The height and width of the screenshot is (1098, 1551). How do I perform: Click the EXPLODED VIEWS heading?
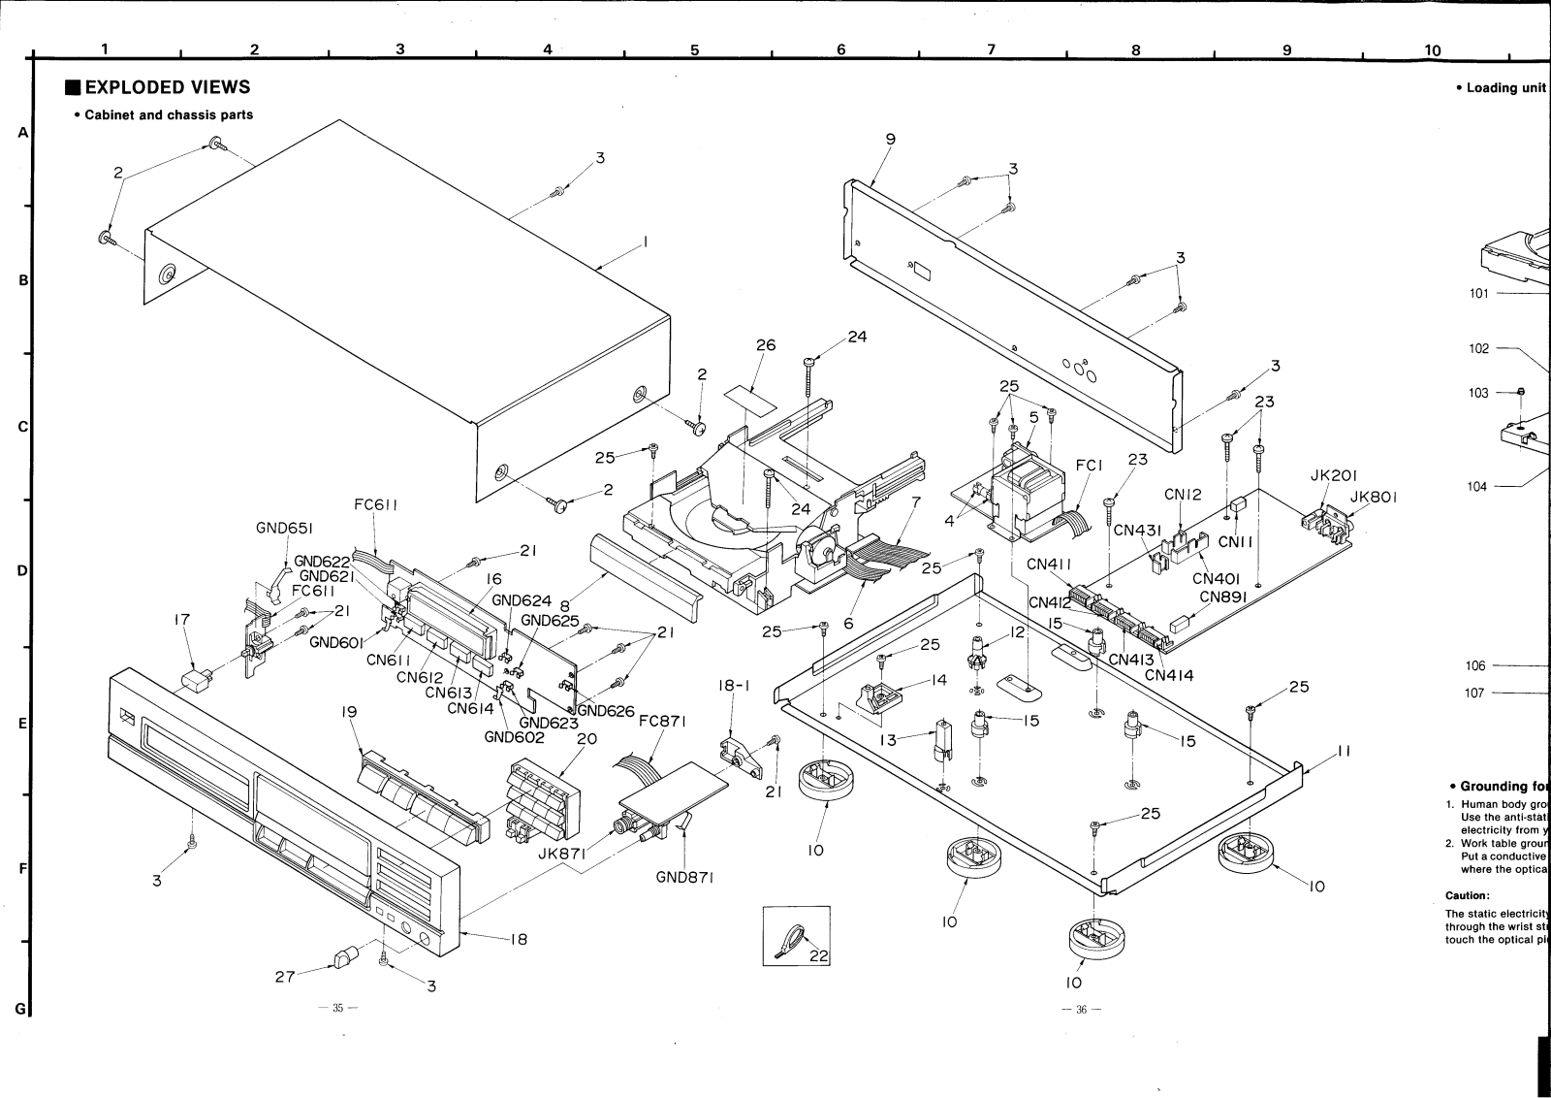pos(167,87)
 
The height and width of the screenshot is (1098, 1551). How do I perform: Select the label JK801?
pos(1375,499)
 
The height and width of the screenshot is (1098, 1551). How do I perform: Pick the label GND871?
pos(684,878)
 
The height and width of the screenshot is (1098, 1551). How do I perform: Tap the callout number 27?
pos(285,977)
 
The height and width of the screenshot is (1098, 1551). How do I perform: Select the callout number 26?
pos(766,344)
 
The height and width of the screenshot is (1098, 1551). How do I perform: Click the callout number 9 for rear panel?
pos(890,139)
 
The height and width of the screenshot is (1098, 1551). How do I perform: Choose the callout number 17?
pos(181,618)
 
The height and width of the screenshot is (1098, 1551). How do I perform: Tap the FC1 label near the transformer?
pos(1090,466)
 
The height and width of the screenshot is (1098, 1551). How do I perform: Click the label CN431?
pos(1136,530)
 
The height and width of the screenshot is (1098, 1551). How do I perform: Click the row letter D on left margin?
pos(21,570)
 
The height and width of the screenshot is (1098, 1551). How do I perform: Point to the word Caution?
pos(1467,895)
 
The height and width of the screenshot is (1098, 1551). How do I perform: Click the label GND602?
pos(514,736)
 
